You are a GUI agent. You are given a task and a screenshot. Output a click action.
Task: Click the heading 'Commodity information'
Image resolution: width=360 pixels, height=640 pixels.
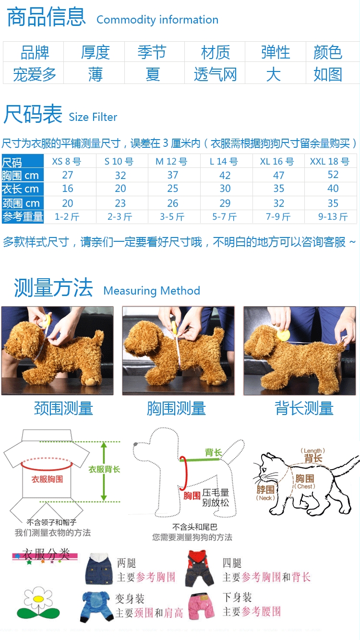157,20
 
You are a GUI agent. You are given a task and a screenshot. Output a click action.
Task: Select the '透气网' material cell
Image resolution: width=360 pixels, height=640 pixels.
215,74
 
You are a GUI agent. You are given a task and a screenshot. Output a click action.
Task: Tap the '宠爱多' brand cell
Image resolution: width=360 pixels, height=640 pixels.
34,74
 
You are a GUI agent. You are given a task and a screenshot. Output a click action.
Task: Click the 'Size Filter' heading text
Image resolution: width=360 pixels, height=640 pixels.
93,117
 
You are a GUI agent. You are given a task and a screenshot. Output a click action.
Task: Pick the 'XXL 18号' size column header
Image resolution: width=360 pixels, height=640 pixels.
330,161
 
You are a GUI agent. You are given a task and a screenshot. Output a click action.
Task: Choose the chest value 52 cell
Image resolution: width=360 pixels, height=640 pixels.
333,175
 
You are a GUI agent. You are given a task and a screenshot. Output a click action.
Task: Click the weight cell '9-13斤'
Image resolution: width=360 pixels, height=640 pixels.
333,217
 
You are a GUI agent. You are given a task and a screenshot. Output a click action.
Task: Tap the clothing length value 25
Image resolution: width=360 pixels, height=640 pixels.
173,189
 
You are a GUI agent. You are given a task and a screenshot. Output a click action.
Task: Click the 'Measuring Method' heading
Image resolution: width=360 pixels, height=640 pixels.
152,291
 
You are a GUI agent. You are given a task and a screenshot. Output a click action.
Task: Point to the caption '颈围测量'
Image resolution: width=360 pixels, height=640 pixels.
63,408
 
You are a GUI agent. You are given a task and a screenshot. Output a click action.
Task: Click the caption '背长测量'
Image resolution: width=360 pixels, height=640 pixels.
304,408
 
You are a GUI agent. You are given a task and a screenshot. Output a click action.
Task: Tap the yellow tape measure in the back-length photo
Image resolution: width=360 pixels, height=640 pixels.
283,334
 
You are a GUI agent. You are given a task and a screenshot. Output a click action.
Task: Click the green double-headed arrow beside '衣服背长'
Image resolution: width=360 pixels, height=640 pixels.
104,472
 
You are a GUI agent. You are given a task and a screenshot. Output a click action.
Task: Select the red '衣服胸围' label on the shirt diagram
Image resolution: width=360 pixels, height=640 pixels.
47,479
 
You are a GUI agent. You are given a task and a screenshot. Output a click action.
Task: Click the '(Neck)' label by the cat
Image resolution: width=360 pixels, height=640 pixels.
265,498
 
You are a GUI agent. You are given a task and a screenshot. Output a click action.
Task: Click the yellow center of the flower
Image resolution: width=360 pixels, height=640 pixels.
38,599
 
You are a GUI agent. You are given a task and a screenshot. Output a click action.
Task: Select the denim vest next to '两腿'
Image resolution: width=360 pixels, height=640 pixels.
97,569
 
